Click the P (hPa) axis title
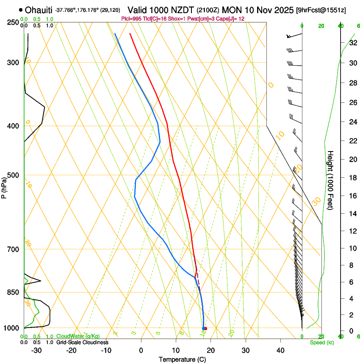coord(5,186)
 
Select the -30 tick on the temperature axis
coord(36,350)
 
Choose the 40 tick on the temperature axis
coord(280,350)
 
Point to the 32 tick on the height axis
coord(353,43)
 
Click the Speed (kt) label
coord(322,342)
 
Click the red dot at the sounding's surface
coord(205,328)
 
